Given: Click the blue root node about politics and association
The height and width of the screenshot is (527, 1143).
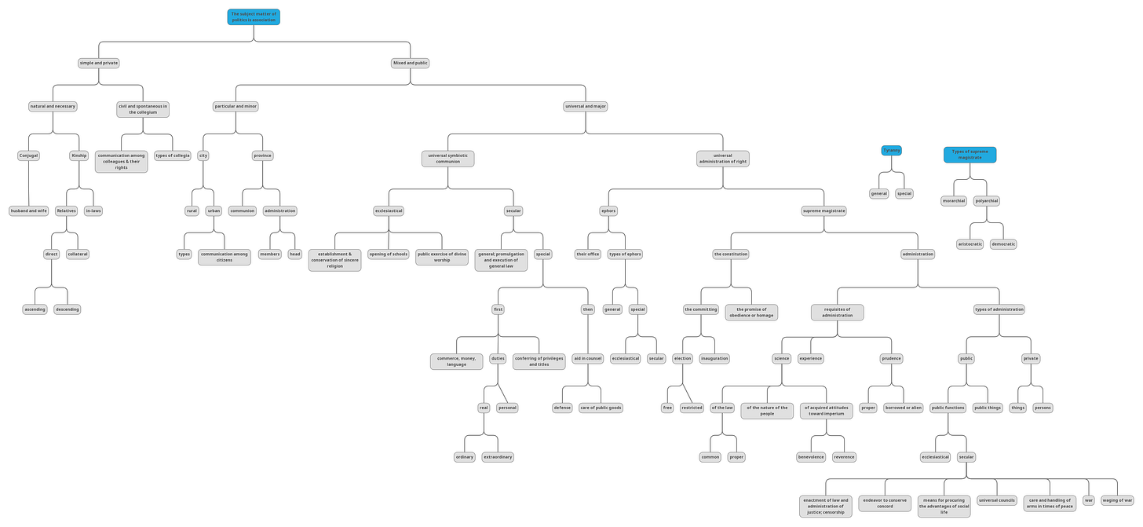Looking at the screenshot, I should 254,16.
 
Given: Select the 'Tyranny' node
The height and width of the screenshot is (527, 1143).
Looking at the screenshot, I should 892,150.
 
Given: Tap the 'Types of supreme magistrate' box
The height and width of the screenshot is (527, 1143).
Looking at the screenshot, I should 970,155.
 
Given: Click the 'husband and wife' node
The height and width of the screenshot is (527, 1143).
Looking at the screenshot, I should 29,210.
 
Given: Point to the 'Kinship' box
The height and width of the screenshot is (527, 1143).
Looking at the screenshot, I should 79,156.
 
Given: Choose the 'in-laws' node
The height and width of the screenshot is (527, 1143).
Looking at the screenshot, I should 93,210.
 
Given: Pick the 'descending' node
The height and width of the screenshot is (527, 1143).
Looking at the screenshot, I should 68,309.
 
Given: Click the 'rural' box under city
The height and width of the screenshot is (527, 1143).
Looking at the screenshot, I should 192,210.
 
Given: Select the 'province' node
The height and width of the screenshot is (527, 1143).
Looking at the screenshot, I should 263,156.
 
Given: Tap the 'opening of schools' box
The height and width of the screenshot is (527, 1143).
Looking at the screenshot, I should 389,254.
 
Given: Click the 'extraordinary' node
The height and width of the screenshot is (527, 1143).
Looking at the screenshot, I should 498,457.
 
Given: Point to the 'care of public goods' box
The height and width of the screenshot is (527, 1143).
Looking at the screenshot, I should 601,408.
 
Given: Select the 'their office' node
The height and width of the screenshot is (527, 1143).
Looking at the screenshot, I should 588,254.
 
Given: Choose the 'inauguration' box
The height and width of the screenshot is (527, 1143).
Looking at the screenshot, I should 714,358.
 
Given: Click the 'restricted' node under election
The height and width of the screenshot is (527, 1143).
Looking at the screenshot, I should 692,408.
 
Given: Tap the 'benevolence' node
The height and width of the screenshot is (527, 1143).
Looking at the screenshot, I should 812,457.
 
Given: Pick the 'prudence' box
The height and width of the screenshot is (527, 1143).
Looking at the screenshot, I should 891,358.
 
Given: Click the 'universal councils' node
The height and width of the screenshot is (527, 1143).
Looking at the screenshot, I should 997,500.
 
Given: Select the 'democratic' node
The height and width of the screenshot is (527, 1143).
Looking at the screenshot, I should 1003,244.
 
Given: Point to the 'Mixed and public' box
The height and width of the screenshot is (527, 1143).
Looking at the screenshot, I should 410,63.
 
